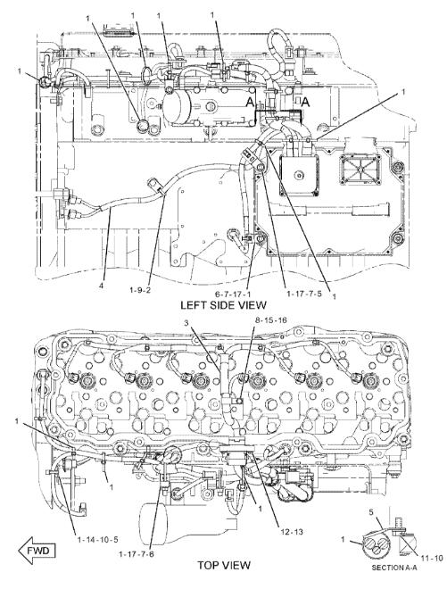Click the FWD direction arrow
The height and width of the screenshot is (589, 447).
[37, 552]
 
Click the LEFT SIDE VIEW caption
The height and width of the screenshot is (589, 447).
[223, 305]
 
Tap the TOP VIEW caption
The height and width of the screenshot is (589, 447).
[223, 565]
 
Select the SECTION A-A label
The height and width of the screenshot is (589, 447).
[394, 578]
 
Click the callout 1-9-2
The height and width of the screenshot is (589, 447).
[140, 290]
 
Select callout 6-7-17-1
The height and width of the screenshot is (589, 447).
[237, 293]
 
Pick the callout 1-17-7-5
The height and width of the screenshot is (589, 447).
[304, 294]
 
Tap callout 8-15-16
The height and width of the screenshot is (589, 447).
[271, 320]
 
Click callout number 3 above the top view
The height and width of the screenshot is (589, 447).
[186, 323]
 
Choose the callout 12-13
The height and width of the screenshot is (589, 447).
[292, 532]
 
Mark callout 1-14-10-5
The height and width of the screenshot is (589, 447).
[97, 540]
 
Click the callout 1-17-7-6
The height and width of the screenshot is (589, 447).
[137, 554]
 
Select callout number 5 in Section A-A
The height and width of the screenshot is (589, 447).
[371, 512]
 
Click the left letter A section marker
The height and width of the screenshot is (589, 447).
[250, 102]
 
